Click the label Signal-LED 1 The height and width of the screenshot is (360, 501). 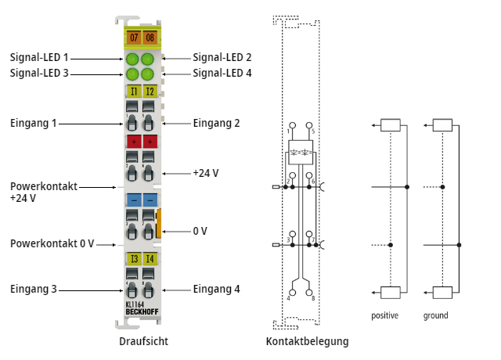(39, 58)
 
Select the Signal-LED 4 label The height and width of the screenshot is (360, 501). (222, 74)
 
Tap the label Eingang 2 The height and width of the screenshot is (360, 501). (216, 123)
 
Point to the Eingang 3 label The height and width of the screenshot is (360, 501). (34, 289)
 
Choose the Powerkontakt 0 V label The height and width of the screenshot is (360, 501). (52, 243)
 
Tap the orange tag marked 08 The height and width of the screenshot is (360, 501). (149, 36)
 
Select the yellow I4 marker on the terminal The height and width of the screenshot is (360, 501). (149, 258)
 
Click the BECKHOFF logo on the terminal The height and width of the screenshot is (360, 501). (141, 314)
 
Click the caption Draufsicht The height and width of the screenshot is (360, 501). (143, 342)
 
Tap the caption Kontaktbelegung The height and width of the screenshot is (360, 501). (307, 342)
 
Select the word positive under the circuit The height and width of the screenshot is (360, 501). (385, 316)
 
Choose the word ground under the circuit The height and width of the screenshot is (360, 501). (436, 316)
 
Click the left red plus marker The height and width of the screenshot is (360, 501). (132, 142)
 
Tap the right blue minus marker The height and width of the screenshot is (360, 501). (149, 200)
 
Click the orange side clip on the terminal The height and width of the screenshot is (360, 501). (159, 223)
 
